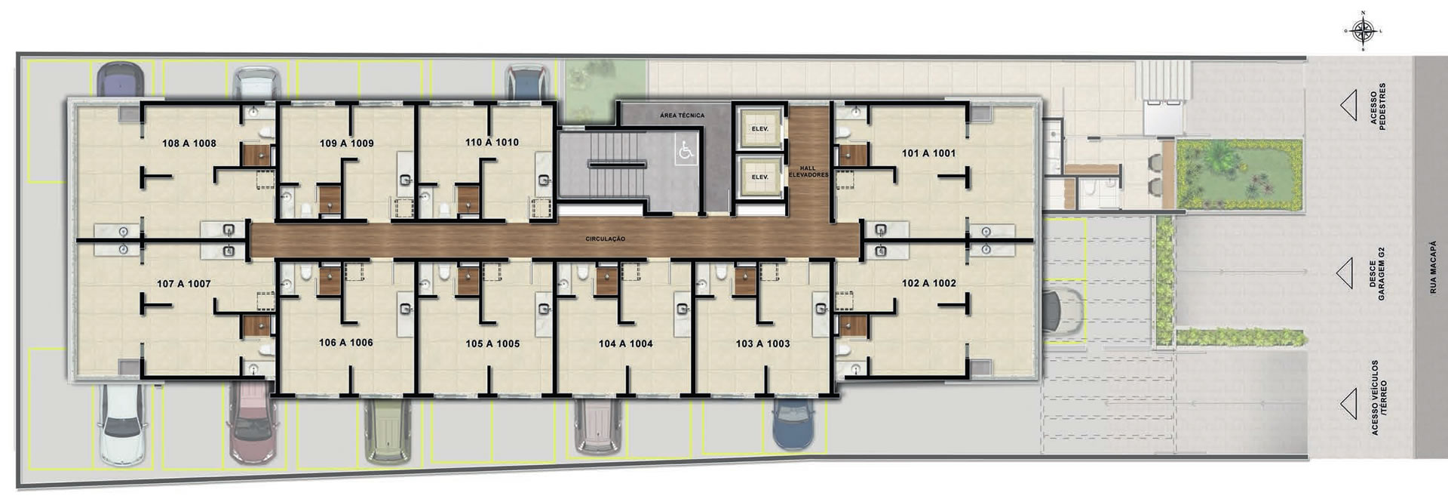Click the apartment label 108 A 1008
pos(189,143)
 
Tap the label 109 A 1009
pos(346,143)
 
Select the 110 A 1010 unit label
pos(492,142)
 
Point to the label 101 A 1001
pos(928,153)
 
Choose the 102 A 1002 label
pos(928,283)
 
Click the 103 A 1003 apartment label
pos(762,343)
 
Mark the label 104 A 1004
pos(625,343)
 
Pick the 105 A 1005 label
pos(492,343)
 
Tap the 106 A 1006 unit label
pos(345,343)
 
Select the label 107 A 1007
pos(183,284)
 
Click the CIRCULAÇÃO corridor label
pos(606,239)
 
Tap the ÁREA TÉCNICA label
pos(682,115)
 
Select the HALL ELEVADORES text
pos(808,171)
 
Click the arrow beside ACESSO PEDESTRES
pos(1348,107)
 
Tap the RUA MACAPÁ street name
pos(1433,267)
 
